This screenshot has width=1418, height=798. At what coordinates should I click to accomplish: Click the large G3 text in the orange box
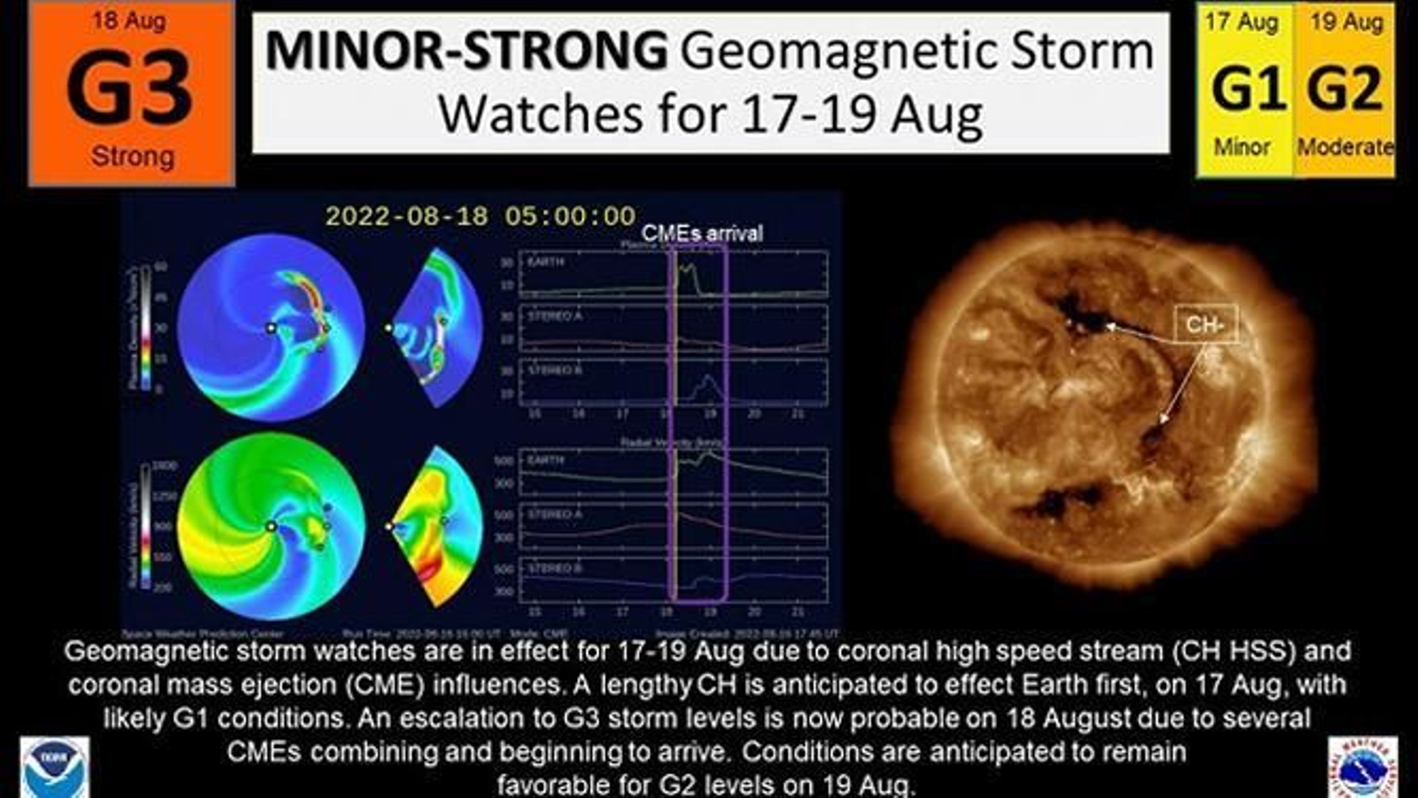pos(129,88)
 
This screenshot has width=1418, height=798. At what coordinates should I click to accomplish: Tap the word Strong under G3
pos(132,157)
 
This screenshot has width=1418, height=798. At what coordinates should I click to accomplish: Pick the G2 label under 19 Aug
pos(1344,89)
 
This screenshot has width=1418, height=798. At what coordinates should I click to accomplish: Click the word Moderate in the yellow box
pos(1344,146)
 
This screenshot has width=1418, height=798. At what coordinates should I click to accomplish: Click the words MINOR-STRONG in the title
pos(467,51)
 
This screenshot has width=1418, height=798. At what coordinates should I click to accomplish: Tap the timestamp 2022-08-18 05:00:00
pos(480,215)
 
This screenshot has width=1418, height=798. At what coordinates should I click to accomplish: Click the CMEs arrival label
pos(701,233)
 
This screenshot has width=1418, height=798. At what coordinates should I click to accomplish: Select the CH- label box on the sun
pos(1205,325)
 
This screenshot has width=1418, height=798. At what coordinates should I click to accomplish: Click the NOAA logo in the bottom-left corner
pos(55,768)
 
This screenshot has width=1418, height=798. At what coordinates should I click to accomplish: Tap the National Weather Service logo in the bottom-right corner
pos(1362,768)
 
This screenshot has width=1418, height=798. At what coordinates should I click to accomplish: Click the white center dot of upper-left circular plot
pos(271,328)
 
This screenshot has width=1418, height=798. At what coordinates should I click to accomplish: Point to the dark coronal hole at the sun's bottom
pos(1059,501)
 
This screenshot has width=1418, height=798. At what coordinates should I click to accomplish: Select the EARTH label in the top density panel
pos(546,262)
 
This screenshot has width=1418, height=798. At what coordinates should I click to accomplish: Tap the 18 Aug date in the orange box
pos(129,20)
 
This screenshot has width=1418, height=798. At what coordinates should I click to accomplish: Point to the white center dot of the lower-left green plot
pos(271,527)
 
